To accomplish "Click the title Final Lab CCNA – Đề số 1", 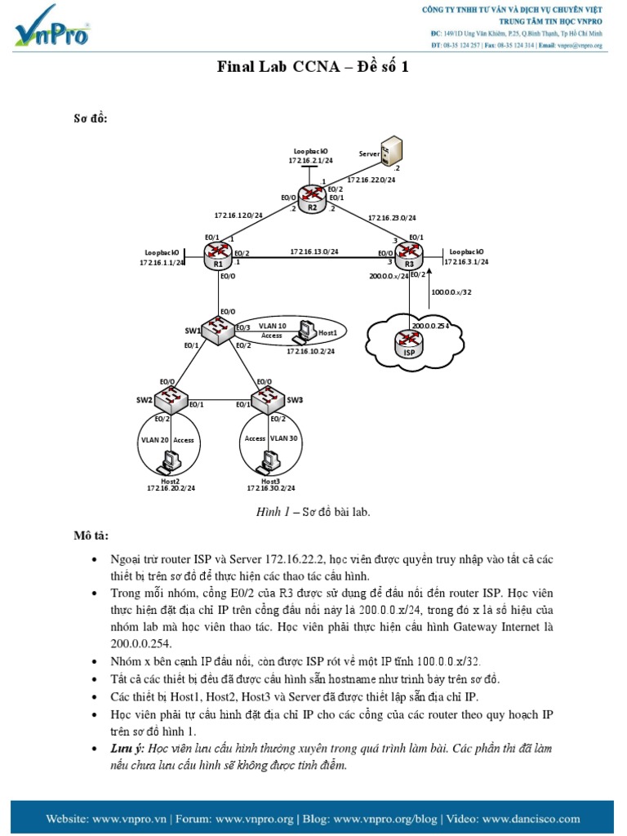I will (x=313, y=67).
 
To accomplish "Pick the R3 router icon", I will (x=407, y=255).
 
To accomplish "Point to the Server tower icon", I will (x=391, y=153).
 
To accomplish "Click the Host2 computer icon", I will (x=170, y=463).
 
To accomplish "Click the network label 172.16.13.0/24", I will (x=315, y=251).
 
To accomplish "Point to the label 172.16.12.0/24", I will (x=238, y=216).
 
